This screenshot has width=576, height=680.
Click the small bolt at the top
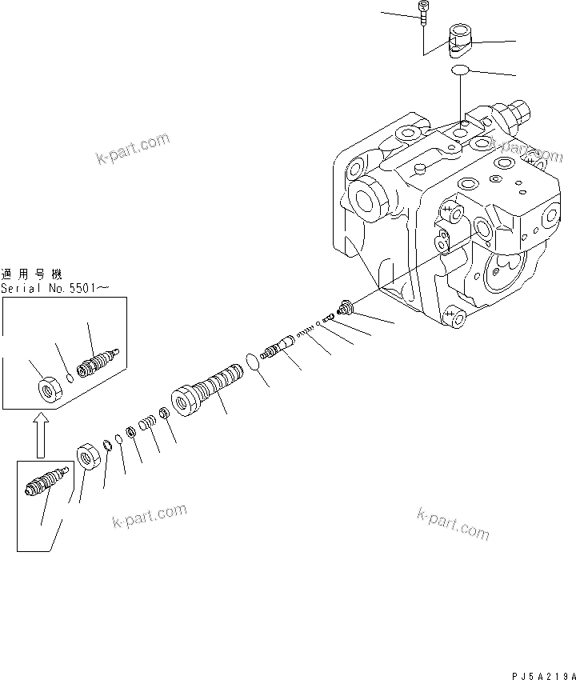422,10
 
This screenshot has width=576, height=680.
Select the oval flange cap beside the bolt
461,40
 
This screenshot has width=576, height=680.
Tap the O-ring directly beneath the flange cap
459,71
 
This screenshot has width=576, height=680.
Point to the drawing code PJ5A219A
541,673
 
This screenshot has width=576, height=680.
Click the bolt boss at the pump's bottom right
457,318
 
